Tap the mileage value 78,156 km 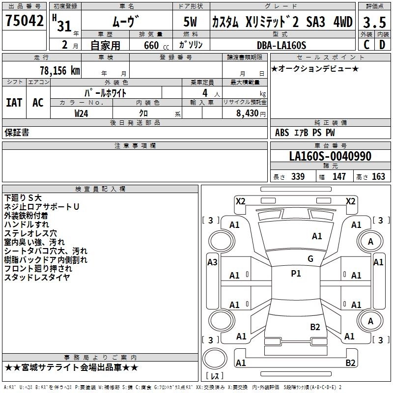(x=59, y=71)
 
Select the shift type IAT (x=14, y=103)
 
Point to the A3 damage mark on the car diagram (x=212, y=262)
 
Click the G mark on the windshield (x=310, y=259)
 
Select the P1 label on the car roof (x=296, y=274)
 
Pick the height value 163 (x=378, y=177)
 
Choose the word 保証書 (x=17, y=132)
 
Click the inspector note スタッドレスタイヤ (x=37, y=277)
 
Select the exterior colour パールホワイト (x=106, y=93)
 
